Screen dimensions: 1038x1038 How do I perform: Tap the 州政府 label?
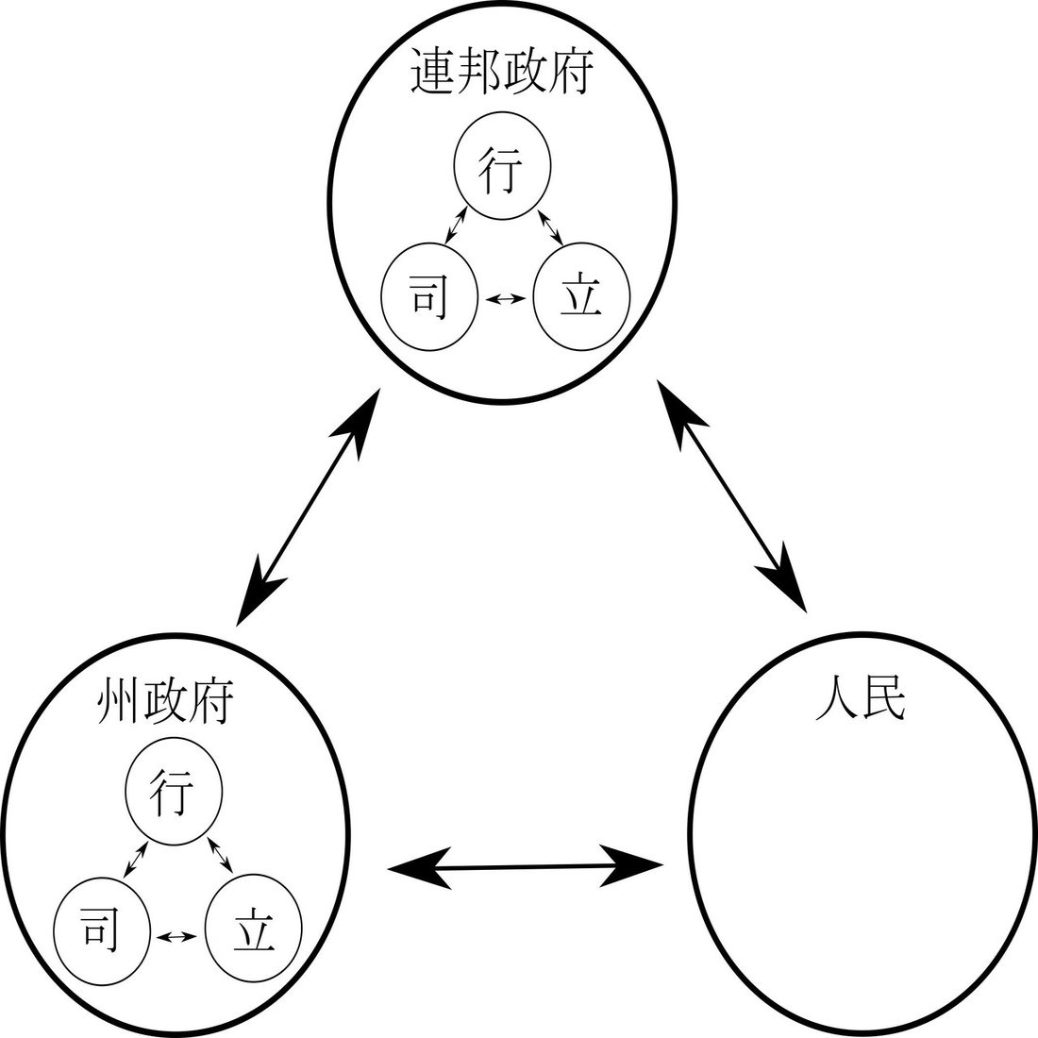point(164,703)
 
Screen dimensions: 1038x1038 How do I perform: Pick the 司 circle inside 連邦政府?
point(430,296)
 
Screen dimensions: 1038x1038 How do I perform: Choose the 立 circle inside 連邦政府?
point(580,297)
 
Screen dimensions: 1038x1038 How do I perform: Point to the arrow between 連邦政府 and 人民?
point(732,494)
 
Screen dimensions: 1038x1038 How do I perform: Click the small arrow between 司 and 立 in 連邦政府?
point(505,298)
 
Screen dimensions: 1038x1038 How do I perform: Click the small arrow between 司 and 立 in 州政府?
point(177,936)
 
